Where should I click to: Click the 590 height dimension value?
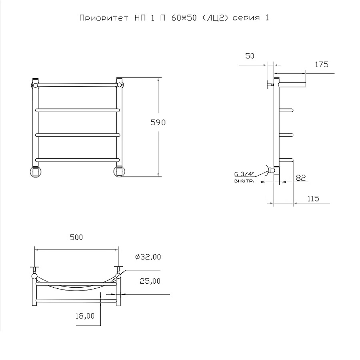158,123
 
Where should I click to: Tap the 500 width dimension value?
76,237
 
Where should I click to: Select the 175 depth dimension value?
321,65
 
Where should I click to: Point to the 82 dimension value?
301,178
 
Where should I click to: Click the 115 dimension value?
313,199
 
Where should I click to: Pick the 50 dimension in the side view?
250,56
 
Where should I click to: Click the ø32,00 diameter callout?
148,257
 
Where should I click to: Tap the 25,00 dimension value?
150,281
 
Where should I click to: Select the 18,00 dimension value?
85,316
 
